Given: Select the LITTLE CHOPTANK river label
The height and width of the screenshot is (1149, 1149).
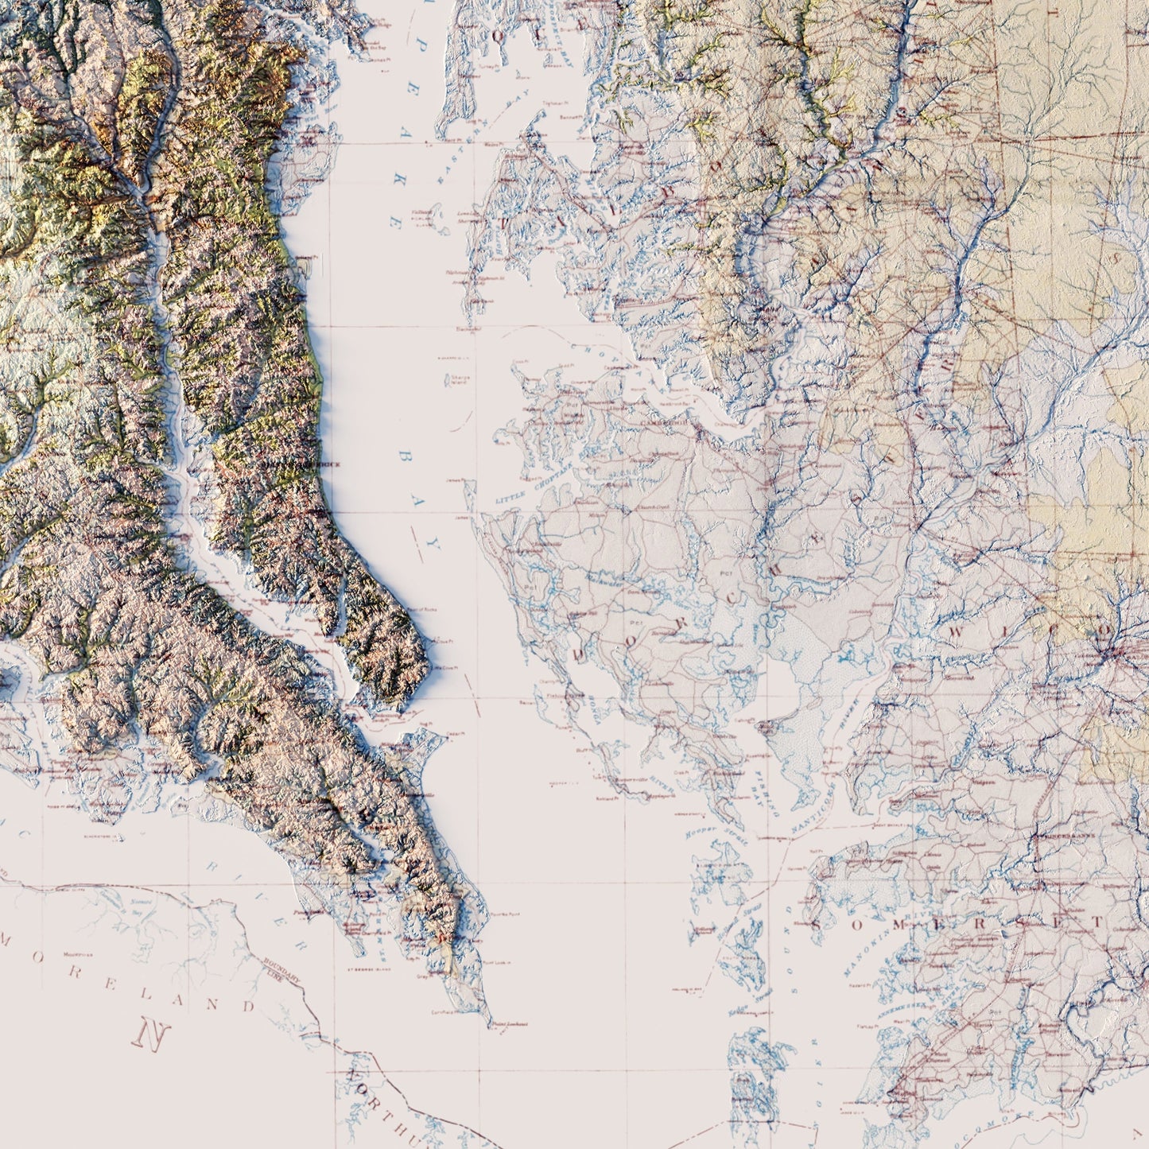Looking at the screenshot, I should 527,486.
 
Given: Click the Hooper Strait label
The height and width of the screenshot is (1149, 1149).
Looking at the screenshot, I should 707,830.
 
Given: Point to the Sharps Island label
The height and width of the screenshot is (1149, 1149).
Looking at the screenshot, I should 460,380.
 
